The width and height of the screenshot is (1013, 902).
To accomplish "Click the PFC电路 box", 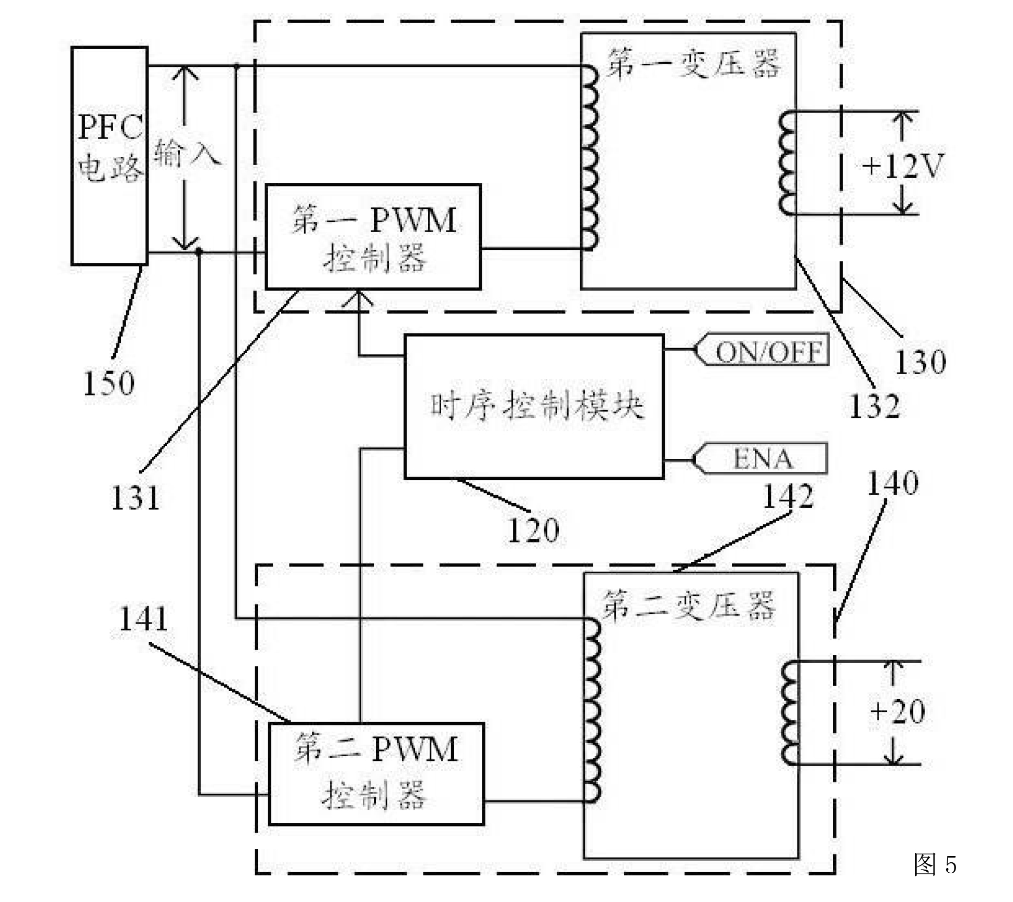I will point(109,156).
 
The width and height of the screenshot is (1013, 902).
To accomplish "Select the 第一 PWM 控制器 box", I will point(373,237).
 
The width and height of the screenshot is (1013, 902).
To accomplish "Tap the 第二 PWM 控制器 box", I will point(376,774).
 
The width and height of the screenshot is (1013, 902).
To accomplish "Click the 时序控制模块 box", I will point(534,407).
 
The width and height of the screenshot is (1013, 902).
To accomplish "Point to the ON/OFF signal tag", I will point(763,350).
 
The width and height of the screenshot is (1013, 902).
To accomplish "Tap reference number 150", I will point(109,383).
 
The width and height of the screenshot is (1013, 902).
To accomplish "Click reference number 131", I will point(135,497).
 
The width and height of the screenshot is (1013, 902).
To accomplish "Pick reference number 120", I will point(533,530).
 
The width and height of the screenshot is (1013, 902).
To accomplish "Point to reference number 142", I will point(788,496).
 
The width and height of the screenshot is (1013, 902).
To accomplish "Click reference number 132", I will point(874,406).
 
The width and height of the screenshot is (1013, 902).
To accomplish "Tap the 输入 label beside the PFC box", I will point(186,153).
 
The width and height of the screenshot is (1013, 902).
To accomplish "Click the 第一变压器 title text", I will point(693,64).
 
